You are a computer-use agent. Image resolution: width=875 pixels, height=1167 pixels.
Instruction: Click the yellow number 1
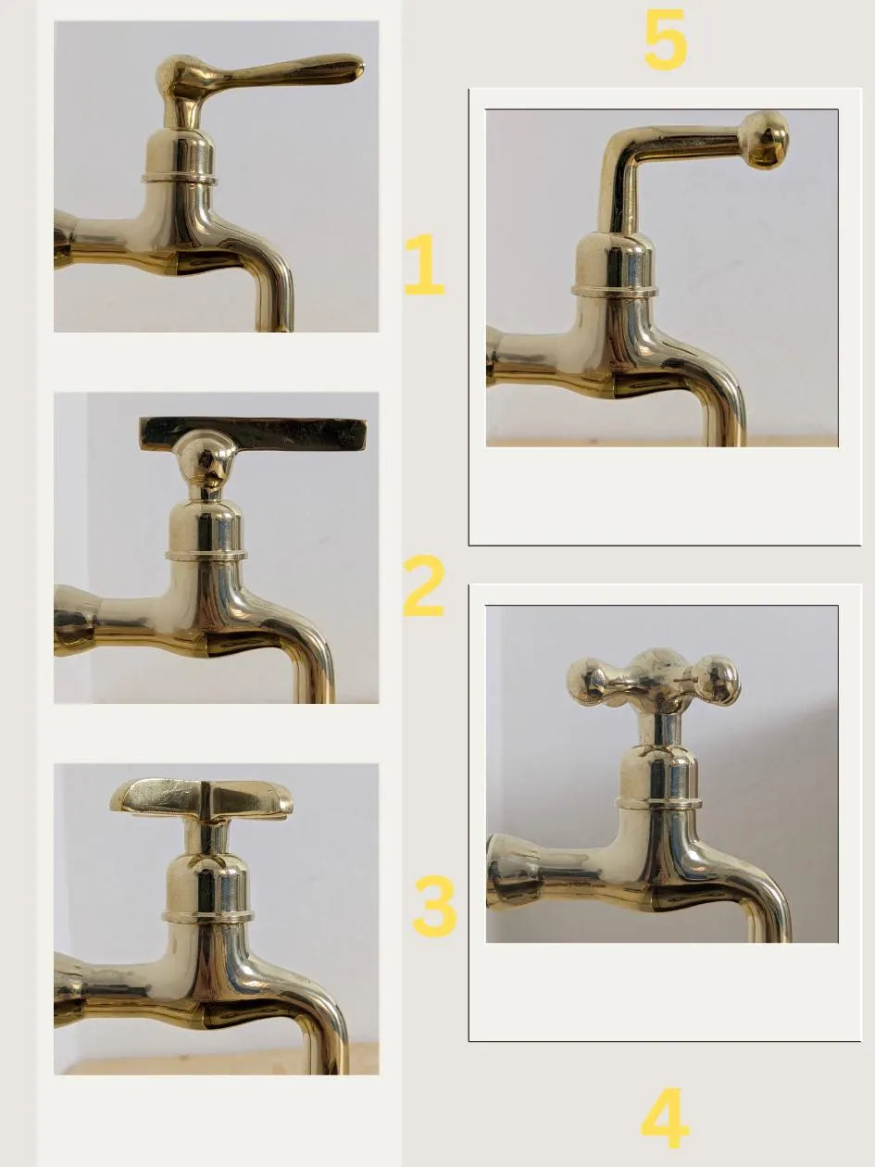(x=424, y=265)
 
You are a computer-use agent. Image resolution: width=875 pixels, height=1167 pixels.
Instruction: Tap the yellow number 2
(x=423, y=586)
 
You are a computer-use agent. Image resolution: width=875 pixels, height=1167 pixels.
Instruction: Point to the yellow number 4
(x=665, y=1118)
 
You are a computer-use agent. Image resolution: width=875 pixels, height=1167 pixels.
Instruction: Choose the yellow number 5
(x=665, y=40)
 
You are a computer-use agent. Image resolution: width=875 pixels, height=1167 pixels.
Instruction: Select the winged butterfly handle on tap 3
(x=202, y=797)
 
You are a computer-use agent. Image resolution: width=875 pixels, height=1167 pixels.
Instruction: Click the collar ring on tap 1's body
(x=180, y=176)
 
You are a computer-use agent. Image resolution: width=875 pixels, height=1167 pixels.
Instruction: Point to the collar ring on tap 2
(x=206, y=556)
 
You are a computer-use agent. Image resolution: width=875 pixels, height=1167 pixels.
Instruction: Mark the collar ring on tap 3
(x=207, y=915)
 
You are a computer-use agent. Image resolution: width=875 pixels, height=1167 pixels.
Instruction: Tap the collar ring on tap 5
(x=614, y=291)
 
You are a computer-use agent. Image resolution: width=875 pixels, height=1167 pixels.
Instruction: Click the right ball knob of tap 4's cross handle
(x=719, y=681)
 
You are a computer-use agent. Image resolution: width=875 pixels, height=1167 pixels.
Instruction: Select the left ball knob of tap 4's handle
(x=586, y=681)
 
